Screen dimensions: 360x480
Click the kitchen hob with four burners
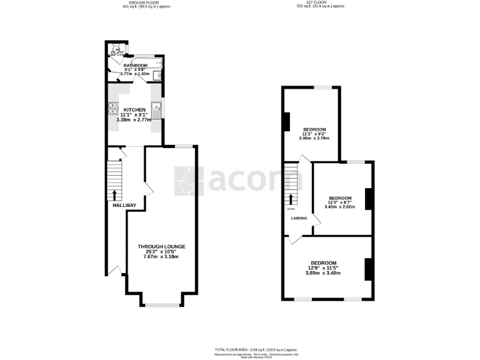(114, 108)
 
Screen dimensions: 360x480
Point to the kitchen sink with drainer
(157, 109)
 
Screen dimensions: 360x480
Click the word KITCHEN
(134, 109)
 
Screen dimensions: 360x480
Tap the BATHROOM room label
(135, 65)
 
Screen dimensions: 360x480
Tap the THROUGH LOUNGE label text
(161, 247)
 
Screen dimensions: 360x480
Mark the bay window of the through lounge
(162, 305)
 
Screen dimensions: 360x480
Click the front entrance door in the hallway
(114, 270)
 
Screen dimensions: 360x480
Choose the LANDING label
(299, 218)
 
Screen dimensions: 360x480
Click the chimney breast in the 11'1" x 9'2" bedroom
(286, 121)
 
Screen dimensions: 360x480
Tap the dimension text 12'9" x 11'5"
(324, 267)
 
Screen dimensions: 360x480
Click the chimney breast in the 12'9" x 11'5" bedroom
(368, 269)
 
